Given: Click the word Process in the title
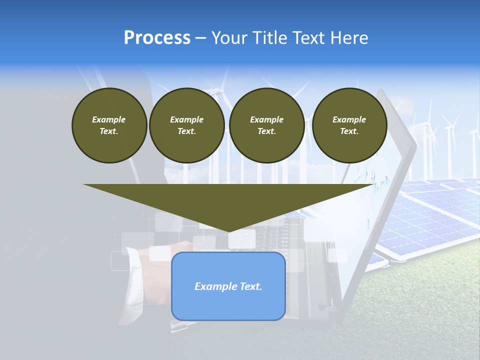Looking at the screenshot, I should tap(157, 38).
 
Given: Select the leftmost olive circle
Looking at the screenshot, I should tap(109, 125).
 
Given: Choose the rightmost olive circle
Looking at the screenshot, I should tap(349, 125).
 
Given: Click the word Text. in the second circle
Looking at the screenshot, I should tap(186, 131).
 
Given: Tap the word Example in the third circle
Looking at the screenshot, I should tap(266, 119).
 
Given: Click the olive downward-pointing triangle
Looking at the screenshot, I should tap(228, 200).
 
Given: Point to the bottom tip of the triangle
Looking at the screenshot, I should tap(228, 231).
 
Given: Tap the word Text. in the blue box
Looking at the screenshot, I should tap(250, 286).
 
